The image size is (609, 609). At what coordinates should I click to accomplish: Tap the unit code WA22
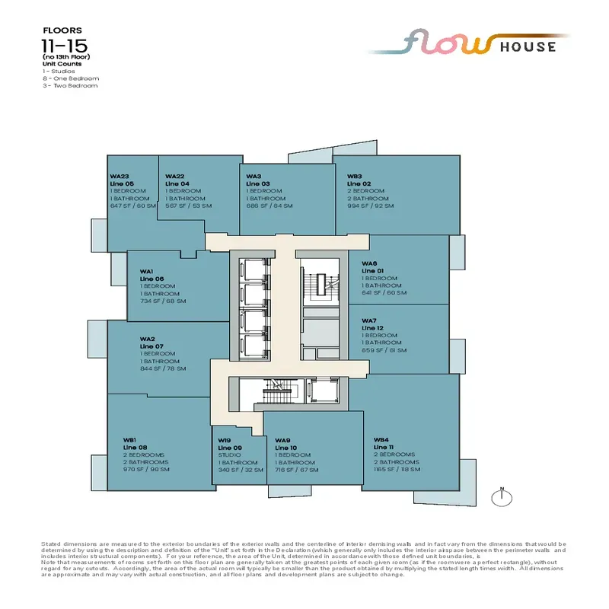pyautogui.click(x=175, y=176)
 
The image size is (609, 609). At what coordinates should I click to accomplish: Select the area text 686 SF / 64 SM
pyautogui.click(x=264, y=206)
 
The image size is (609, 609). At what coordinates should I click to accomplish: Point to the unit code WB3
pyautogui.click(x=354, y=176)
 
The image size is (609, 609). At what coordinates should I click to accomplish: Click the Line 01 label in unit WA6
pyautogui.click(x=372, y=271)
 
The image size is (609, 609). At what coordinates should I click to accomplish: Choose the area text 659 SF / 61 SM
pyautogui.click(x=384, y=350)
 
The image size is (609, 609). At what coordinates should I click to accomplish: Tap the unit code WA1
pyautogui.click(x=147, y=271)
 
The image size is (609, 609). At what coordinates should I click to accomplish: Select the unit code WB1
pyautogui.click(x=129, y=440)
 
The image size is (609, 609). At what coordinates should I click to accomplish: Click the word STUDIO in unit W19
pyautogui.click(x=229, y=455)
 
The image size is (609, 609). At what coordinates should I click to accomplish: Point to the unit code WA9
pyautogui.click(x=282, y=440)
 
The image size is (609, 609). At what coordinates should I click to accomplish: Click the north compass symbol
pyautogui.click(x=501, y=498)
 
